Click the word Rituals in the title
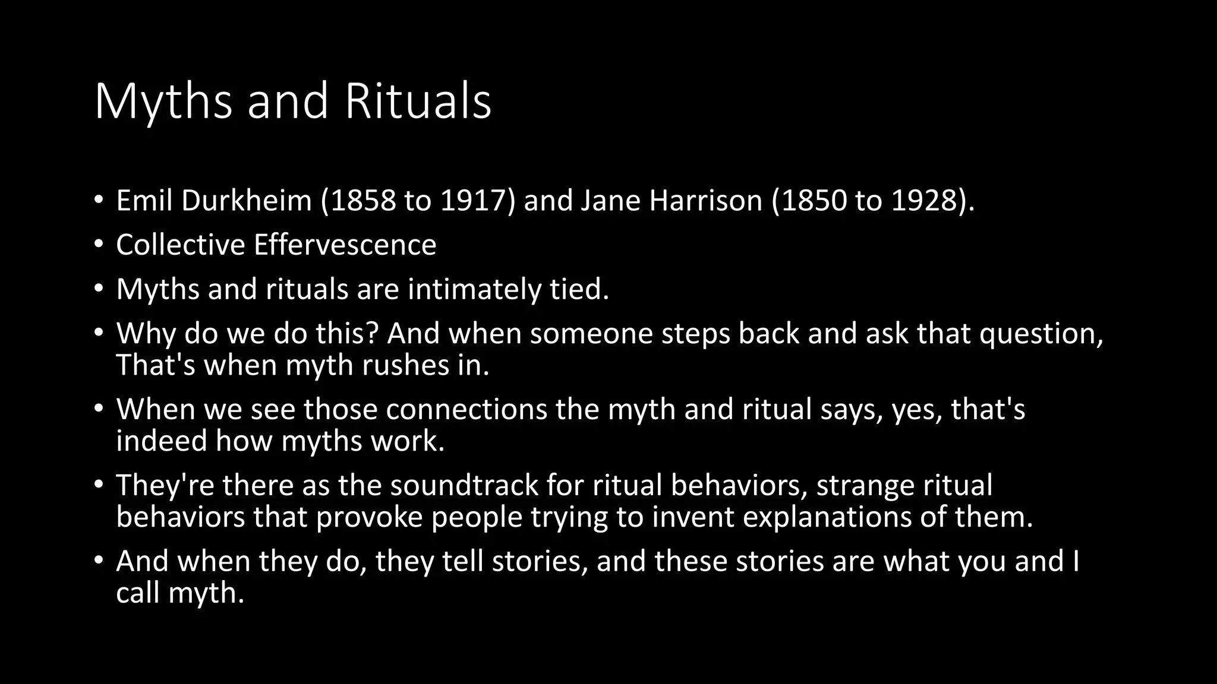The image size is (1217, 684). tap(418, 101)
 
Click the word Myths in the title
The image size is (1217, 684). tap(163, 101)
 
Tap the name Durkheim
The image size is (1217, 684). tap(247, 201)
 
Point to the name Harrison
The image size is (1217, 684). tap(705, 201)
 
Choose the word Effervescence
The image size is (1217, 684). tap(345, 245)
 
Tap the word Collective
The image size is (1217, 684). tap(181, 245)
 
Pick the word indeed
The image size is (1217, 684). tap(161, 441)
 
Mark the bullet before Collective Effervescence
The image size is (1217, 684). tap(99, 244)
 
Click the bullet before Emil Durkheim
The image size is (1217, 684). tap(99, 200)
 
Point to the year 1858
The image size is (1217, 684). tap(362, 201)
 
